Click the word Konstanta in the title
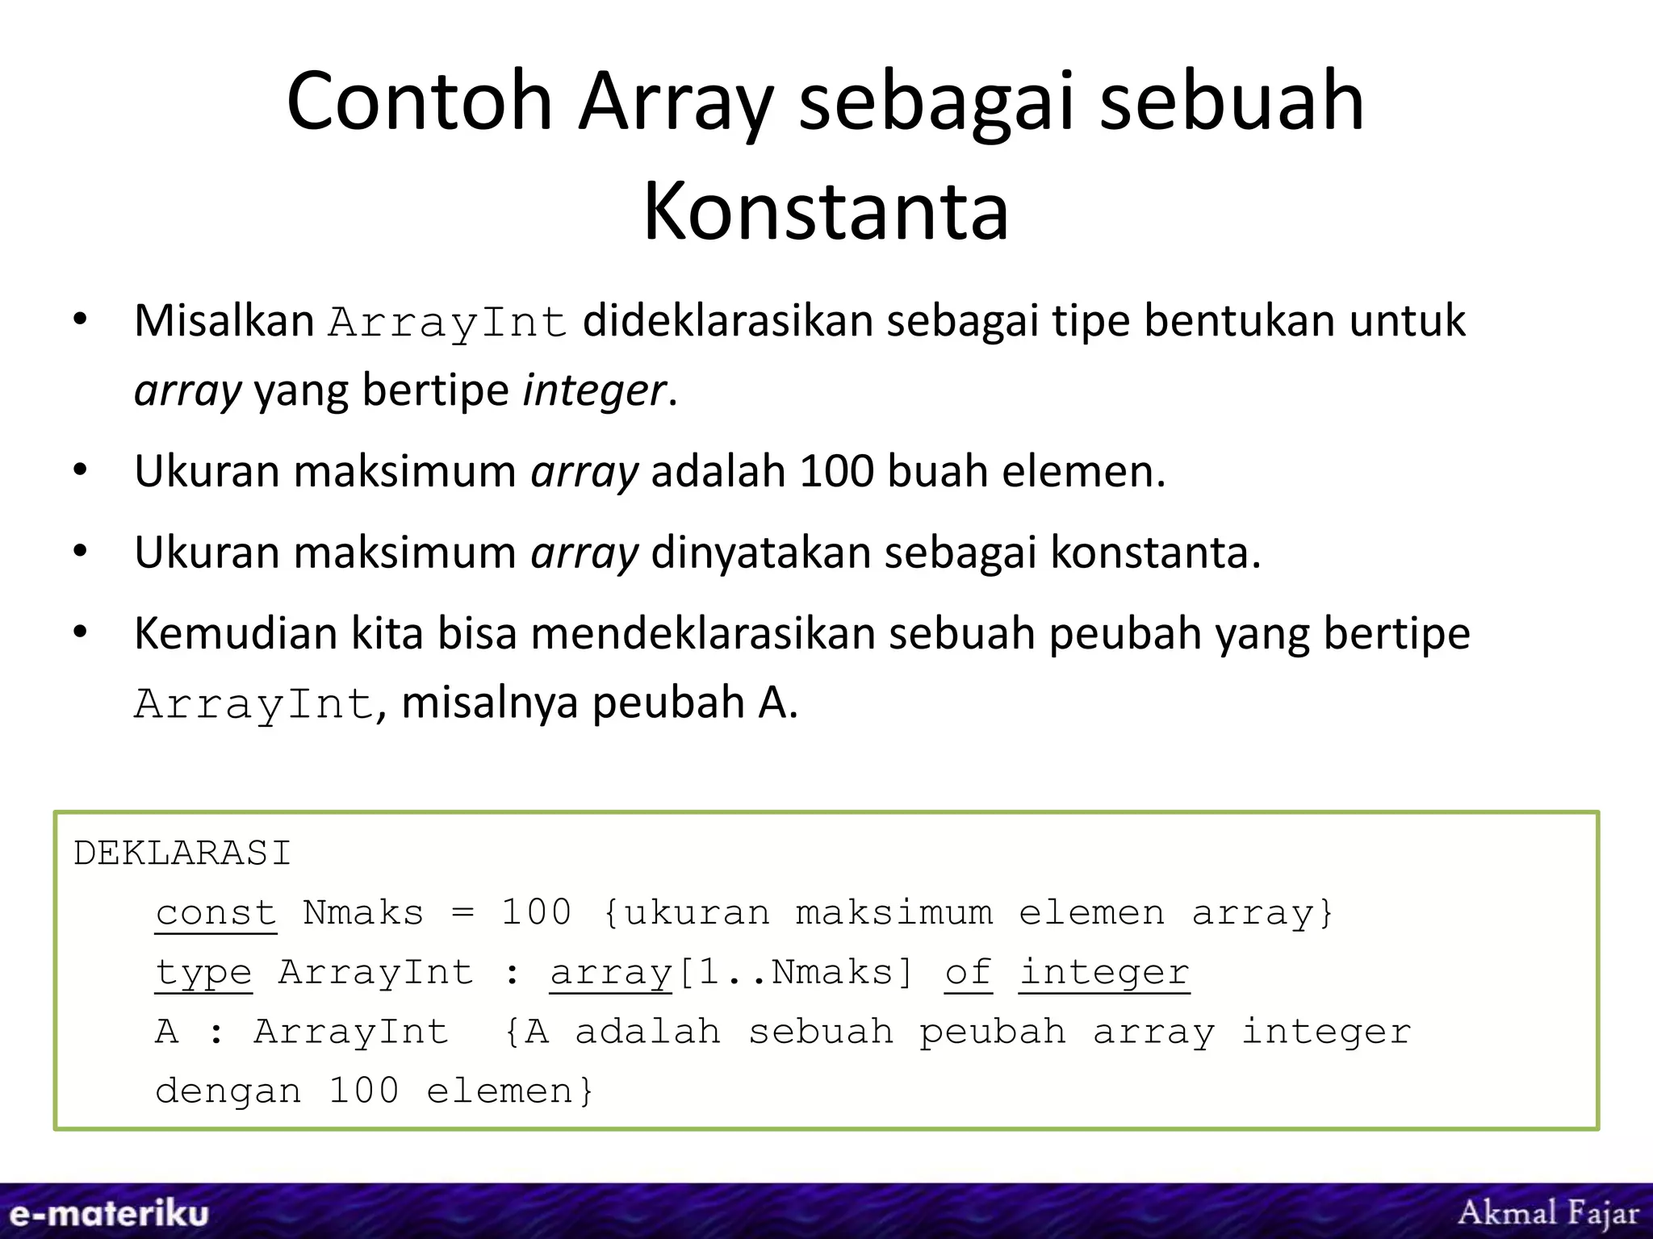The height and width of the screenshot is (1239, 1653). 826,211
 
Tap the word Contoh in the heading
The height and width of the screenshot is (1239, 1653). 419,102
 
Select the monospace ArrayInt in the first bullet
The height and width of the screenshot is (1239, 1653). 448,323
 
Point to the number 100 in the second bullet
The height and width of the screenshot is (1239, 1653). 836,471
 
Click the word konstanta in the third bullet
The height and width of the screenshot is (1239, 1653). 1154,553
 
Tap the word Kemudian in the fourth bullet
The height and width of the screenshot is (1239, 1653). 235,633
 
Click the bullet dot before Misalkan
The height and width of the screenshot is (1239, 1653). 79,320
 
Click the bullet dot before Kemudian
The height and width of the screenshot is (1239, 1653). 79,632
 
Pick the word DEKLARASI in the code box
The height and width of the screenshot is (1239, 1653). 182,853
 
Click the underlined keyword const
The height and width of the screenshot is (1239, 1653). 216,913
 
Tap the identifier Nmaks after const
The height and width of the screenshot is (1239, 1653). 363,913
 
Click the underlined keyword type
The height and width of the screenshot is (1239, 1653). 203,973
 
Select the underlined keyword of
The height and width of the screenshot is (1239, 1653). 968,973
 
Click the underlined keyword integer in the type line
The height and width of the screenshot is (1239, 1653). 1103,973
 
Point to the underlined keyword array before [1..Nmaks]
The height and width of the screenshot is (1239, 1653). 611,973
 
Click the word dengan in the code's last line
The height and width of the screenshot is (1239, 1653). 228,1091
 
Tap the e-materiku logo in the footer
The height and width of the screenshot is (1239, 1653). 109,1213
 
